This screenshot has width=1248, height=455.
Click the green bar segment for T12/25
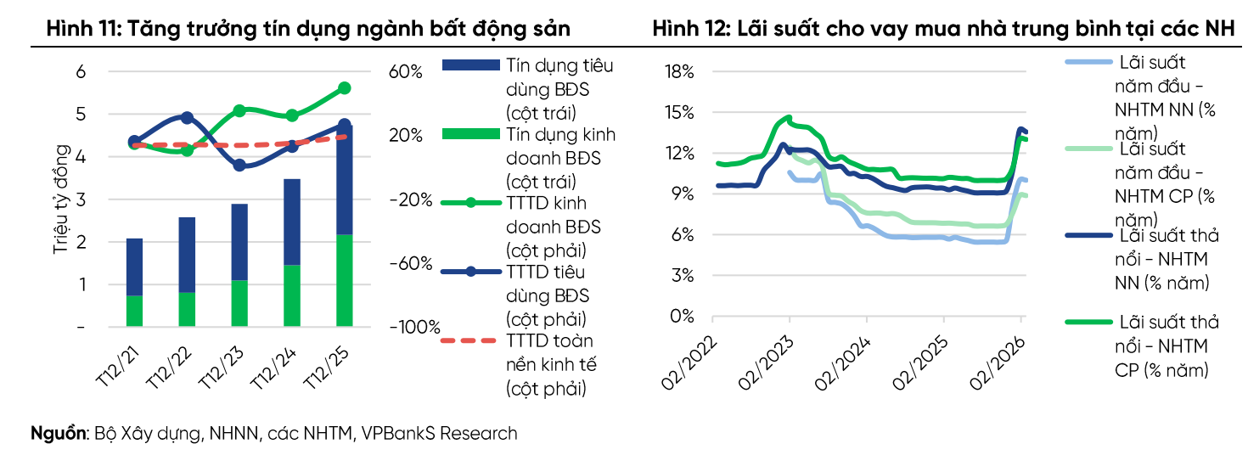(344, 280)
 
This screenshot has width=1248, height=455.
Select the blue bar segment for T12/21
(134, 267)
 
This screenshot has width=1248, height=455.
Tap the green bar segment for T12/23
(239, 303)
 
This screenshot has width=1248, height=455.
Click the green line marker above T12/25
(345, 88)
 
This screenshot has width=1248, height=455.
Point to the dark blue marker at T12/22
(188, 118)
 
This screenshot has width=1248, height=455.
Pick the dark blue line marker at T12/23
(239, 166)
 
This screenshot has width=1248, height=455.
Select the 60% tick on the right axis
(405, 72)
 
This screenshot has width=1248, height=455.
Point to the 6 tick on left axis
(82, 72)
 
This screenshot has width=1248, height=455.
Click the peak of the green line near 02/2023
(789, 118)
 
